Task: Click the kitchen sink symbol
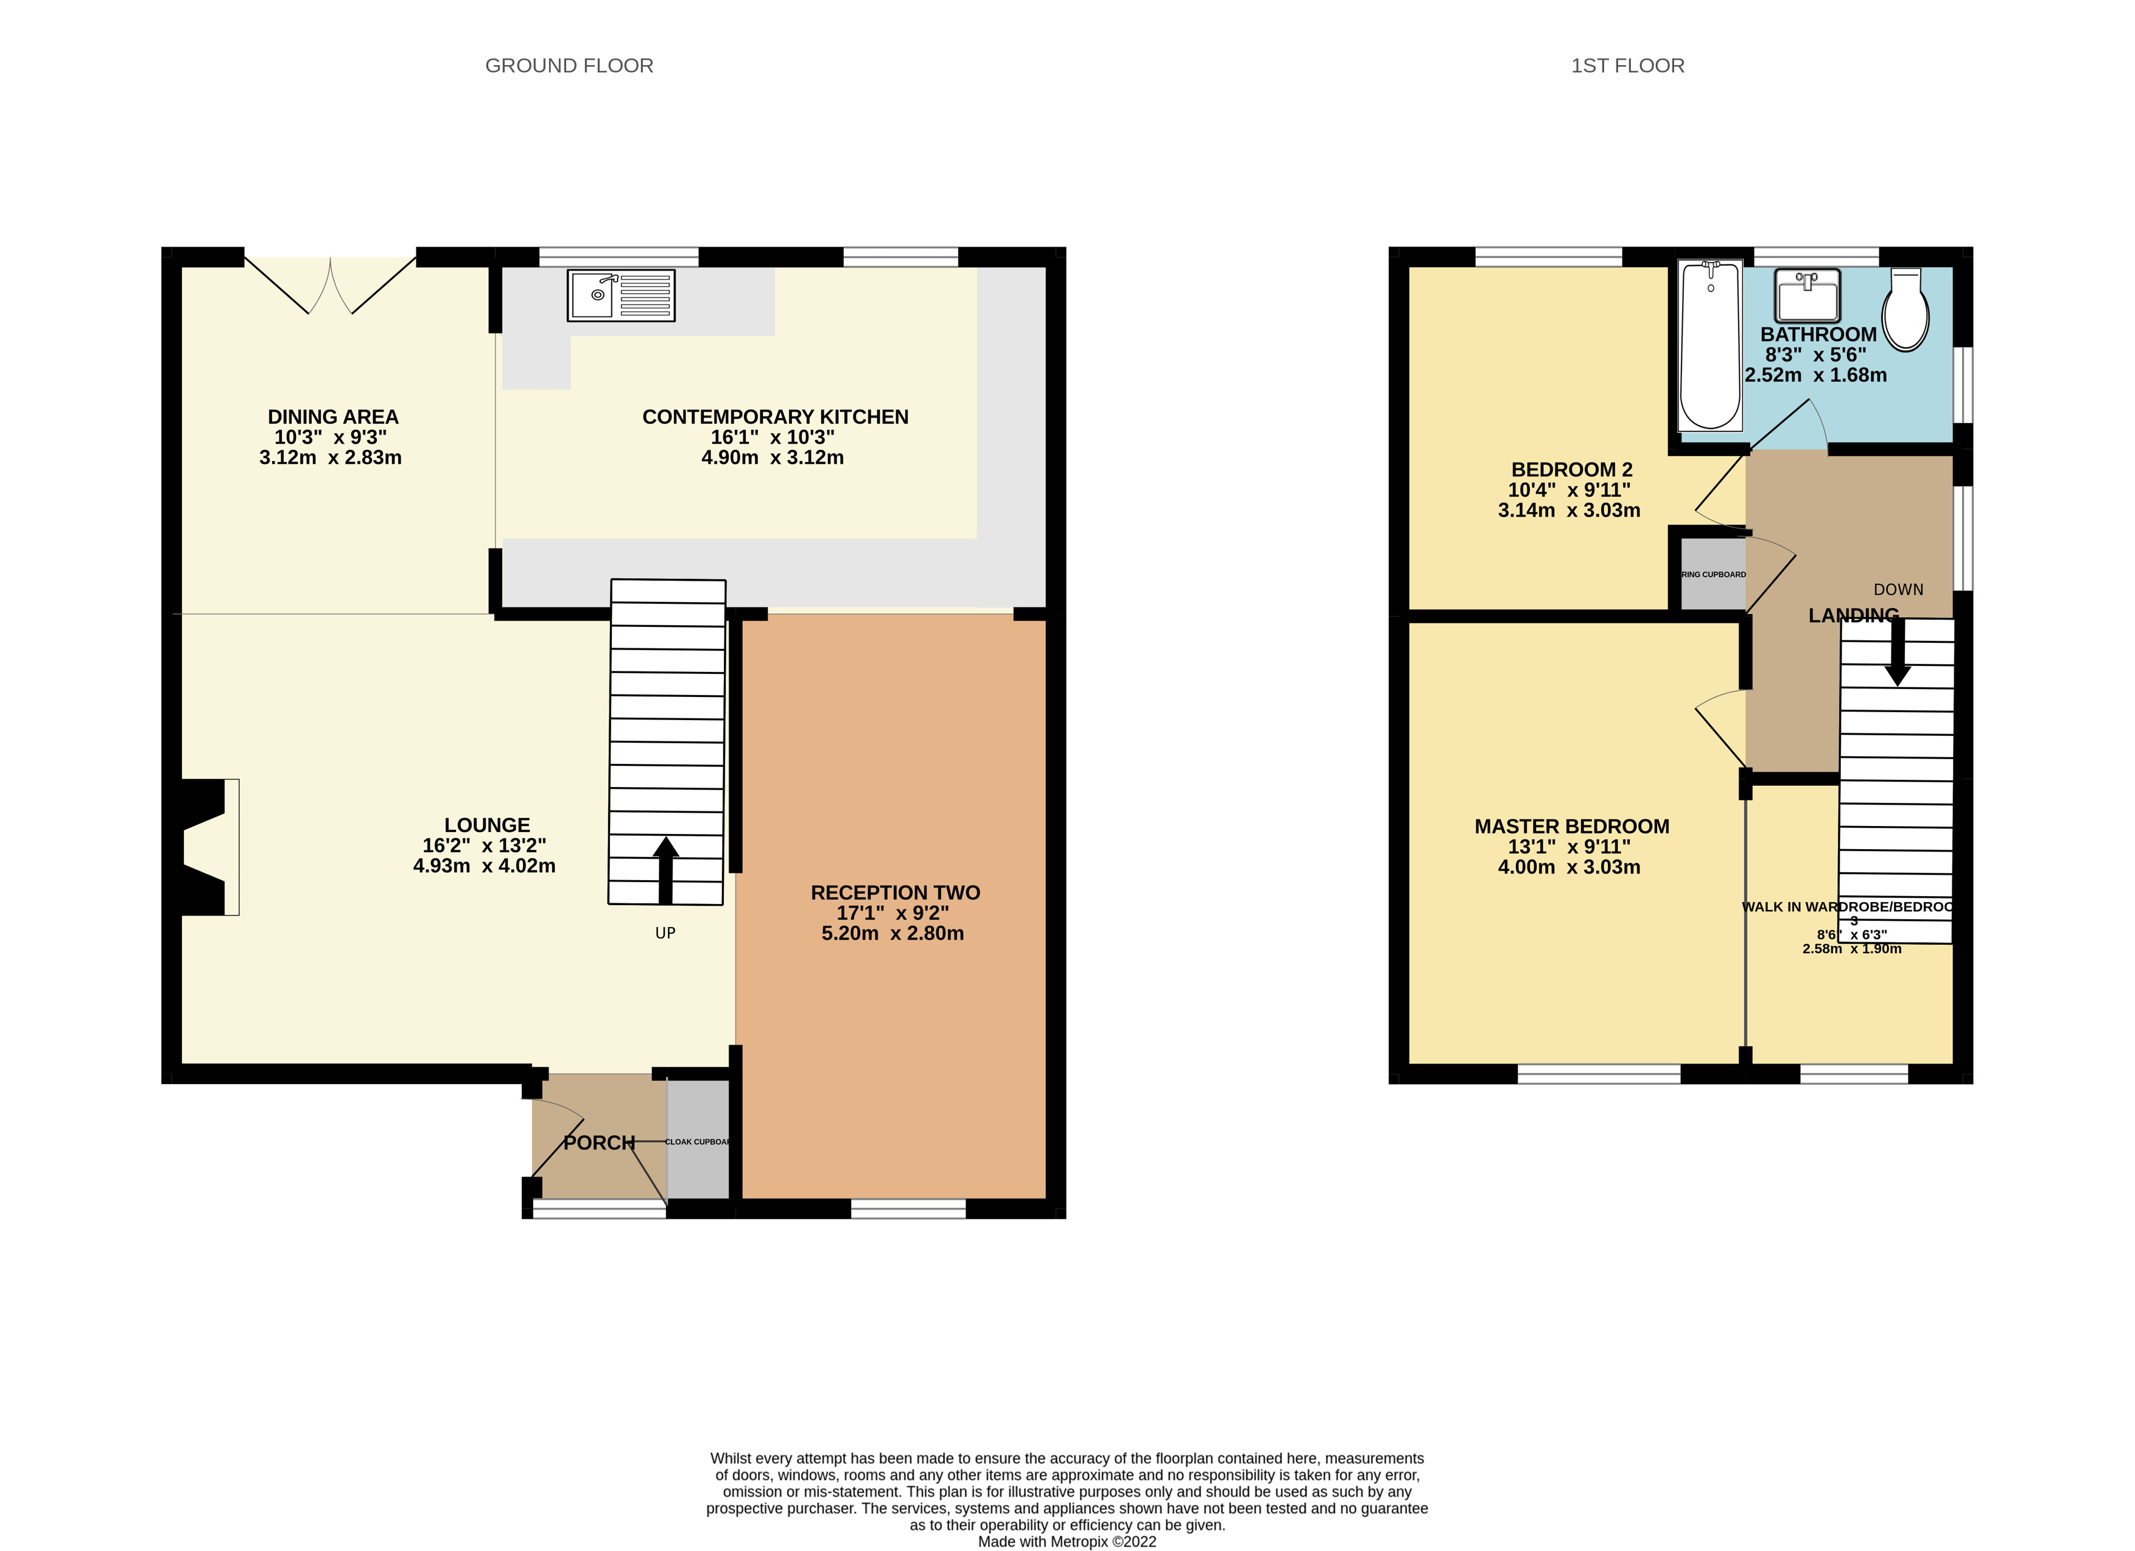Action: (x=620, y=295)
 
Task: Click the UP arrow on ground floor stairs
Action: (x=665, y=869)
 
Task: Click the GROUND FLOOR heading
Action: (x=569, y=66)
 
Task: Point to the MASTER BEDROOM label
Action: (x=1571, y=826)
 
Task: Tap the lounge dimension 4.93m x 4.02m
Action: (x=484, y=866)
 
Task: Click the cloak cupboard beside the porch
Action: (x=698, y=1140)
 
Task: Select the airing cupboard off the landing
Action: (x=1713, y=574)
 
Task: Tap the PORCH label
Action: (x=598, y=1143)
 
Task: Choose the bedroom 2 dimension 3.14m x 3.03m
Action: (x=1568, y=510)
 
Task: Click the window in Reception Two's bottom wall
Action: (x=908, y=1208)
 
